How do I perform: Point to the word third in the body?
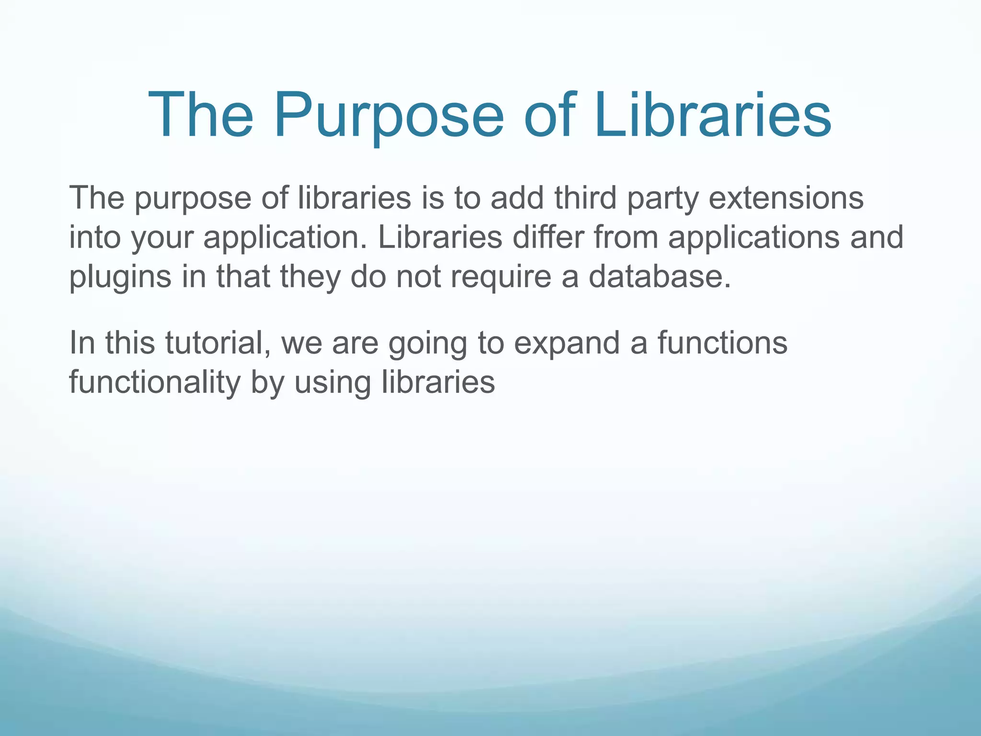(585, 197)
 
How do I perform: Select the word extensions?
(786, 197)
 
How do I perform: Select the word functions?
(722, 343)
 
